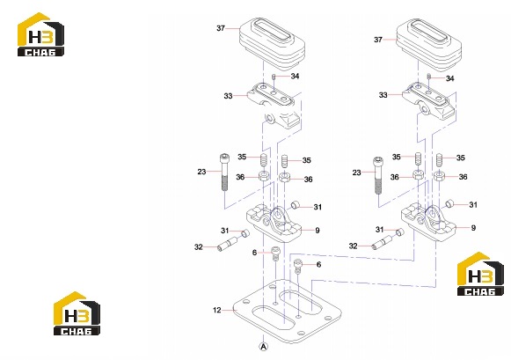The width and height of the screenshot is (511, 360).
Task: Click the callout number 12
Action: pyautogui.click(x=216, y=310)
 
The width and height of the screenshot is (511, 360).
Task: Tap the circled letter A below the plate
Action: pyautogui.click(x=264, y=346)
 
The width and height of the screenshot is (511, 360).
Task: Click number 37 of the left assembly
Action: pyautogui.click(x=221, y=28)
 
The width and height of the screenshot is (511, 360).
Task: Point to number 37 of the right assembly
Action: pyautogui.click(x=378, y=40)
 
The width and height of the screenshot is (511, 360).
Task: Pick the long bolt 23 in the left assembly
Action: pyautogui.click(x=224, y=173)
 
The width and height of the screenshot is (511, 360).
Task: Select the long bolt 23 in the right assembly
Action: pyautogui.click(x=378, y=175)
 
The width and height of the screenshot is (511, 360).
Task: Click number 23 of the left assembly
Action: pyautogui.click(x=201, y=172)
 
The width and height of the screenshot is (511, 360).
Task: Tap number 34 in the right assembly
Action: pyautogui.click(x=449, y=78)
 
